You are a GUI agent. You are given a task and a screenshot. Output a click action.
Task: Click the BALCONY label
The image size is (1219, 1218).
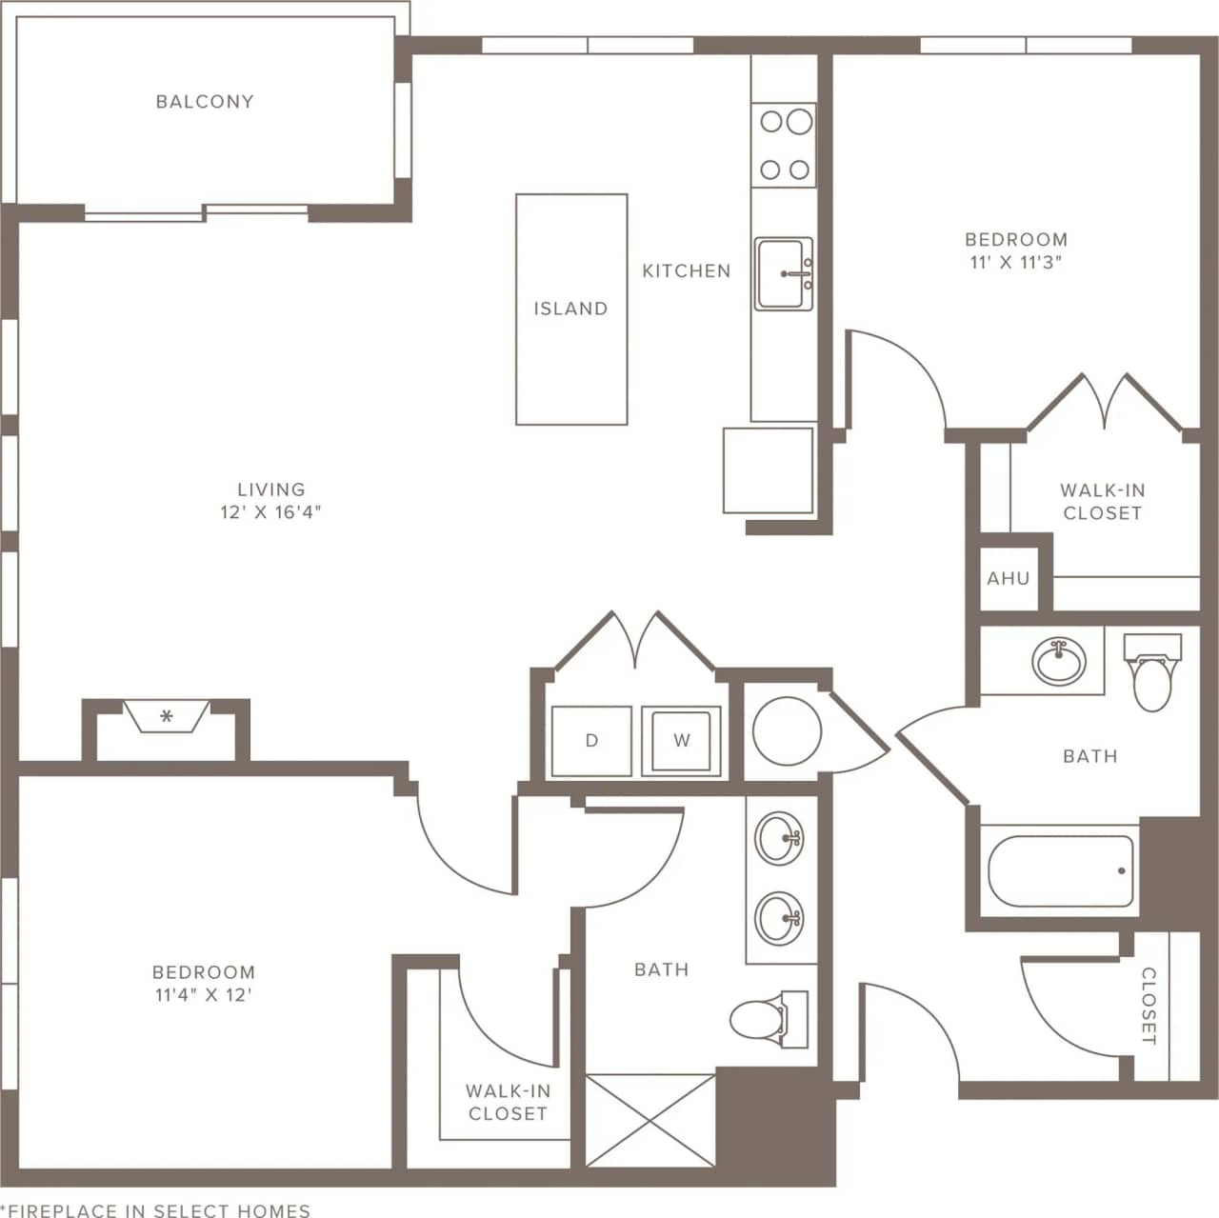coord(205,101)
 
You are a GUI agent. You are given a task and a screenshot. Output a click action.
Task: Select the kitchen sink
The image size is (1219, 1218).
coord(784,274)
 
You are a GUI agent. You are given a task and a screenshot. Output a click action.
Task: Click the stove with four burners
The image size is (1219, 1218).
coord(785,145)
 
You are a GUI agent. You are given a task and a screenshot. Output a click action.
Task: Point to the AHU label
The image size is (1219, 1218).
coord(1008,578)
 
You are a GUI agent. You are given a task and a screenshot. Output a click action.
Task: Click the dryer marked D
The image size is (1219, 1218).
coord(591,740)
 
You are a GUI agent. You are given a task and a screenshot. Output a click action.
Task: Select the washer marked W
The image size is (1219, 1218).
coord(681,740)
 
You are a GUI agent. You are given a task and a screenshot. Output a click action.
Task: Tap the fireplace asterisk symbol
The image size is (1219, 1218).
coord(167,717)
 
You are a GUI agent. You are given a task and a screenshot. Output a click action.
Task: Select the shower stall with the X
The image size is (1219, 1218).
coord(650,1119)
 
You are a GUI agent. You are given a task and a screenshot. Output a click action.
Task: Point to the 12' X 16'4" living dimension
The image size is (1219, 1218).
coord(271,512)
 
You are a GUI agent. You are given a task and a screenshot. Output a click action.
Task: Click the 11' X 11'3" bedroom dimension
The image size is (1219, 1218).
coord(1016,263)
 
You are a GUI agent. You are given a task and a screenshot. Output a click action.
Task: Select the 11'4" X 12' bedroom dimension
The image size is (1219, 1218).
coord(204,995)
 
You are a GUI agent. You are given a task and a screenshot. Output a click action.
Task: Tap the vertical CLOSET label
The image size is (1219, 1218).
coord(1149,1006)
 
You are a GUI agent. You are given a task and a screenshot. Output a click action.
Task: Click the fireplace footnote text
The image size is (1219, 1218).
coord(155,1210)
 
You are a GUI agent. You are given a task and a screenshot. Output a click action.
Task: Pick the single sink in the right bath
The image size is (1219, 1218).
coord(1059,661)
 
